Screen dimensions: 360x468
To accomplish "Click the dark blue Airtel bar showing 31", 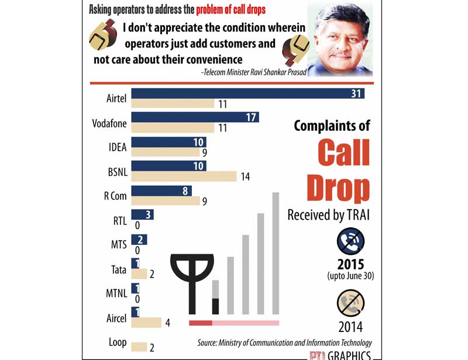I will coord(247,94).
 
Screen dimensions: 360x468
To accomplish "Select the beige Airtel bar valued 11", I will coord(173,104).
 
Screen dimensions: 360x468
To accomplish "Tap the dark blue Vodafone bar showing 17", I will coord(195,117).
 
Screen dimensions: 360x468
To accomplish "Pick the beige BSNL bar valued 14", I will coord(184,176).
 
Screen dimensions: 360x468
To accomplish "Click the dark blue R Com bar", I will coord(161,191).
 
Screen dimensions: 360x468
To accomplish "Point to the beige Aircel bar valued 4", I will coord(146,322).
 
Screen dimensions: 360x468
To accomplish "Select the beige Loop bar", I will coord(139,347).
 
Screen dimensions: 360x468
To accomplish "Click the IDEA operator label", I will coord(118,147).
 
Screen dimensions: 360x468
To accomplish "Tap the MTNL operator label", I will coord(114,294).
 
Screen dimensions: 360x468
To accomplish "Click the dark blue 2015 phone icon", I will coord(350,241).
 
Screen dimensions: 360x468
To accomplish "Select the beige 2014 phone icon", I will coord(350,304).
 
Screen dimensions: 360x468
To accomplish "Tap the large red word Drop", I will coord(338,188).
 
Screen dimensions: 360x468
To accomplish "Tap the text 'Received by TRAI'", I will coord(328,215).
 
